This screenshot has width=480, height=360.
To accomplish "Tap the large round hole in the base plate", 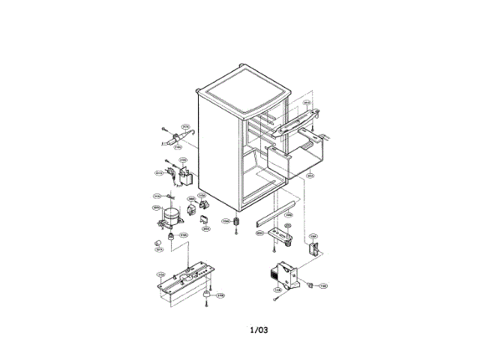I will tap(186, 275).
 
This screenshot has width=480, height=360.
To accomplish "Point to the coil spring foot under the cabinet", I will tap(237, 222).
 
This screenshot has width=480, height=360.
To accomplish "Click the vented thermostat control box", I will tap(284, 274).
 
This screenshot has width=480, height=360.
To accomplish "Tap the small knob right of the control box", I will tap(309, 286).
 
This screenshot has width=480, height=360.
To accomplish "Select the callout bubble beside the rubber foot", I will tap(220, 295).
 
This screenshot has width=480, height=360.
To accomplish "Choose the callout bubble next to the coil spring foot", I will tap(225, 220).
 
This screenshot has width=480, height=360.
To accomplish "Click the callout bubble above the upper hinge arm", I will tap(307, 103).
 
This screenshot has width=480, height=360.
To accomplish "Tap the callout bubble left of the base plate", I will tap(160, 274).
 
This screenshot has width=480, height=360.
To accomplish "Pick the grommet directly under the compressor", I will tap(172, 237).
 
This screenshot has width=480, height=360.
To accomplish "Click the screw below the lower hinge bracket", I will tap(288, 247).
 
